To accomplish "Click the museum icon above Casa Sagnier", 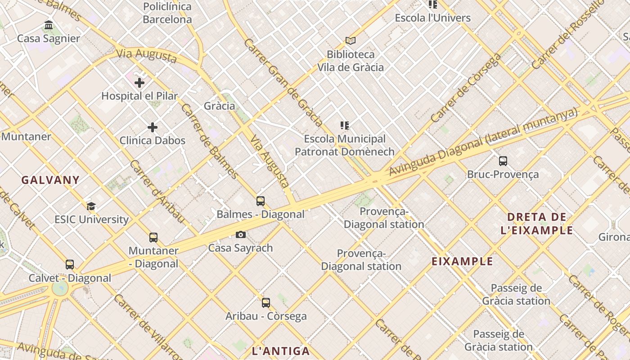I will [49, 25].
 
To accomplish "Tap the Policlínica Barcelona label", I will [167, 13].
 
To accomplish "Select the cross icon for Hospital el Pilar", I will [139, 83].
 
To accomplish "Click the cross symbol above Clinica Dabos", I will [153, 127].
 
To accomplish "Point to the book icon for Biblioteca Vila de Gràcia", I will [351, 41].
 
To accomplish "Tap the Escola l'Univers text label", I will [432, 18].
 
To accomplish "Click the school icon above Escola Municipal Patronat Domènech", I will [345, 126].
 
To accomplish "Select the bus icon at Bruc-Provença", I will [503, 161].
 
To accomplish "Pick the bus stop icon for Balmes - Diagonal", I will [261, 201].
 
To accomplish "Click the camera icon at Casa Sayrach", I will [241, 234].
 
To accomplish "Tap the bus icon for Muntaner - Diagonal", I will [153, 238].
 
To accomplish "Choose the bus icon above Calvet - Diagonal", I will [70, 265].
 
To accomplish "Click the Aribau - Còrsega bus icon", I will [266, 303].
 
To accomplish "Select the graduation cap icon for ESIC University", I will [91, 206].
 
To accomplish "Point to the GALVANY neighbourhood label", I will [50, 180].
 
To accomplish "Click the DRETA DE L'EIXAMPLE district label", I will [537, 224].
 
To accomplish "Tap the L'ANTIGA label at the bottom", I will [281, 351].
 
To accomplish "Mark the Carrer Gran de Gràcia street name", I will [283, 82].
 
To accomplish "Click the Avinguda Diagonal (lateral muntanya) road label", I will [482, 142].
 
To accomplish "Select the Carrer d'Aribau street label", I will [157, 191].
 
